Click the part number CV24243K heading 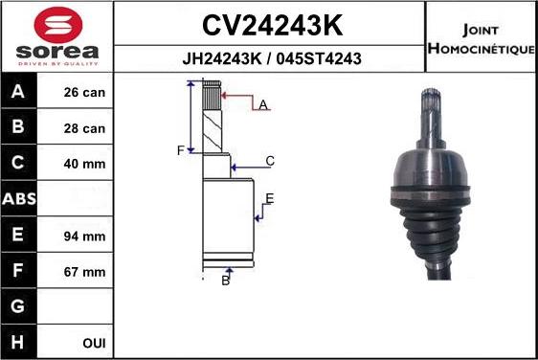point(271,24)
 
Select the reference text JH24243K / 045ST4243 point(271,58)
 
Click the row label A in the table point(19,93)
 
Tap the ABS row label point(19,199)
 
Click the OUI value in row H point(94,342)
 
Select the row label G point(19,306)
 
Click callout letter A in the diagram point(262,104)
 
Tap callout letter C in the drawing point(270,161)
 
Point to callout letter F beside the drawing point(179,150)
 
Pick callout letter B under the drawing point(226,281)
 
